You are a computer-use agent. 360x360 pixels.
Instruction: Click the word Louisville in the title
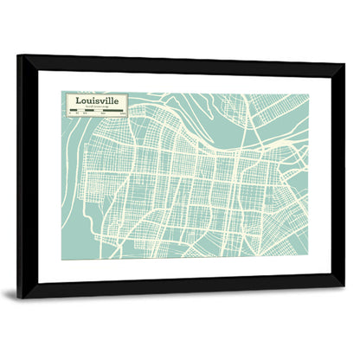coord(97,100)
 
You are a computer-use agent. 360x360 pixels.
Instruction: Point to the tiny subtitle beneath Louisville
coord(99,107)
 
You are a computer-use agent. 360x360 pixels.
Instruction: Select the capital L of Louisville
coord(78,100)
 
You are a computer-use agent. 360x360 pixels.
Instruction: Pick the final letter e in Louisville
coord(118,101)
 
